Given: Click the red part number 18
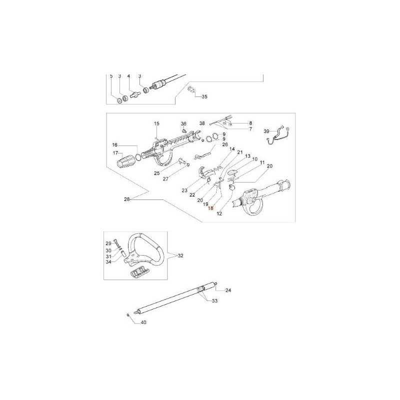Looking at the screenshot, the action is click(210, 208).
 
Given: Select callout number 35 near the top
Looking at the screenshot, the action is click(204, 96).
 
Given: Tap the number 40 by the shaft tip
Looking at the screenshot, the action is click(143, 322).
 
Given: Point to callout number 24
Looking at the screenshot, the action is click(228, 290).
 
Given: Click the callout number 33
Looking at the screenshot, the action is click(215, 301).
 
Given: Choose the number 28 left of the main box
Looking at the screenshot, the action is click(127, 199).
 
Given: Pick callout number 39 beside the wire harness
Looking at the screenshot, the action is click(266, 131).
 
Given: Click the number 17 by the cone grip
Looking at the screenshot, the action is click(115, 153).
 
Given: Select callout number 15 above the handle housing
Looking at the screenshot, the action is click(156, 123).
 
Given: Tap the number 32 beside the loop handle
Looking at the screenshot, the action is click(180, 255).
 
